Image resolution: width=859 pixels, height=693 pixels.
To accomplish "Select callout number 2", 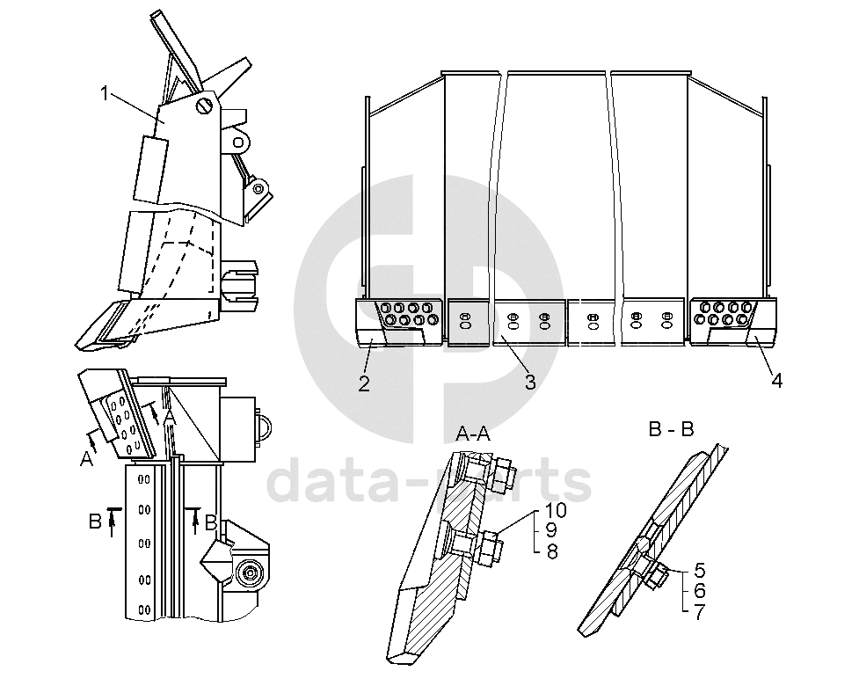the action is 363,383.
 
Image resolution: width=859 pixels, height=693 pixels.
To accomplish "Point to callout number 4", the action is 776,381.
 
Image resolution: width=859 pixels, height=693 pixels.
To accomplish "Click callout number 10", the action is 556,510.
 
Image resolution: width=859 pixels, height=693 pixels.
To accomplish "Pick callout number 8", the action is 551,551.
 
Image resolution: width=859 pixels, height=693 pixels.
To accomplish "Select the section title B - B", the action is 671,429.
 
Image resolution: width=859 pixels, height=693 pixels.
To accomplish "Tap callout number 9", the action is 551,531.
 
